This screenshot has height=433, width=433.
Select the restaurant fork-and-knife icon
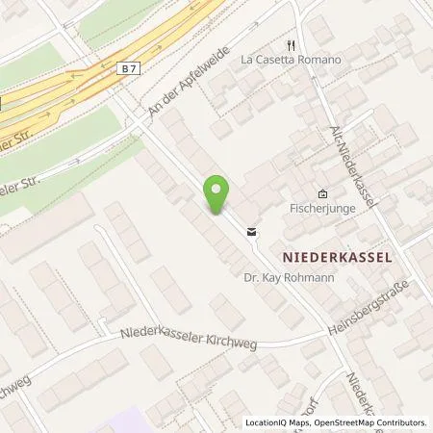(x=288, y=44)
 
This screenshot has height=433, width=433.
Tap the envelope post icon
(x=251, y=232)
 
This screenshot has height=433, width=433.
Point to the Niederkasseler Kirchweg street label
(x=189, y=339)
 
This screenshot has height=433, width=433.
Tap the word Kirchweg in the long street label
(x=227, y=343)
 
